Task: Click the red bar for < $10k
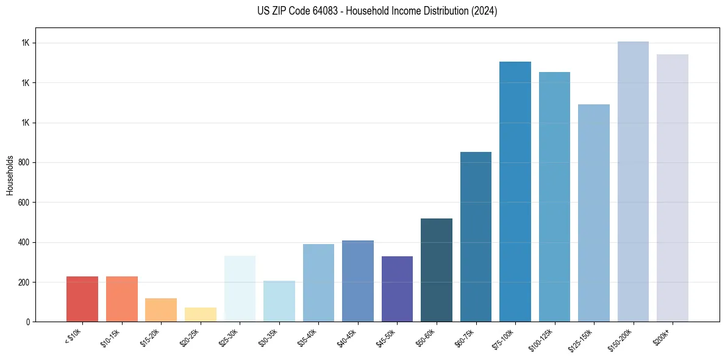click(82, 299)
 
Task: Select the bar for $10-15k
click(121, 299)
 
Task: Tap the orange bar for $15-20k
click(161, 310)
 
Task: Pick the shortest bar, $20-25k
click(201, 314)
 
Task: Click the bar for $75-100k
click(515, 192)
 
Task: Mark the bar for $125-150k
click(594, 213)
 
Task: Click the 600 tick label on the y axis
click(24, 203)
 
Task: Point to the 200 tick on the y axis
click(24, 283)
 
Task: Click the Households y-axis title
click(10, 175)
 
